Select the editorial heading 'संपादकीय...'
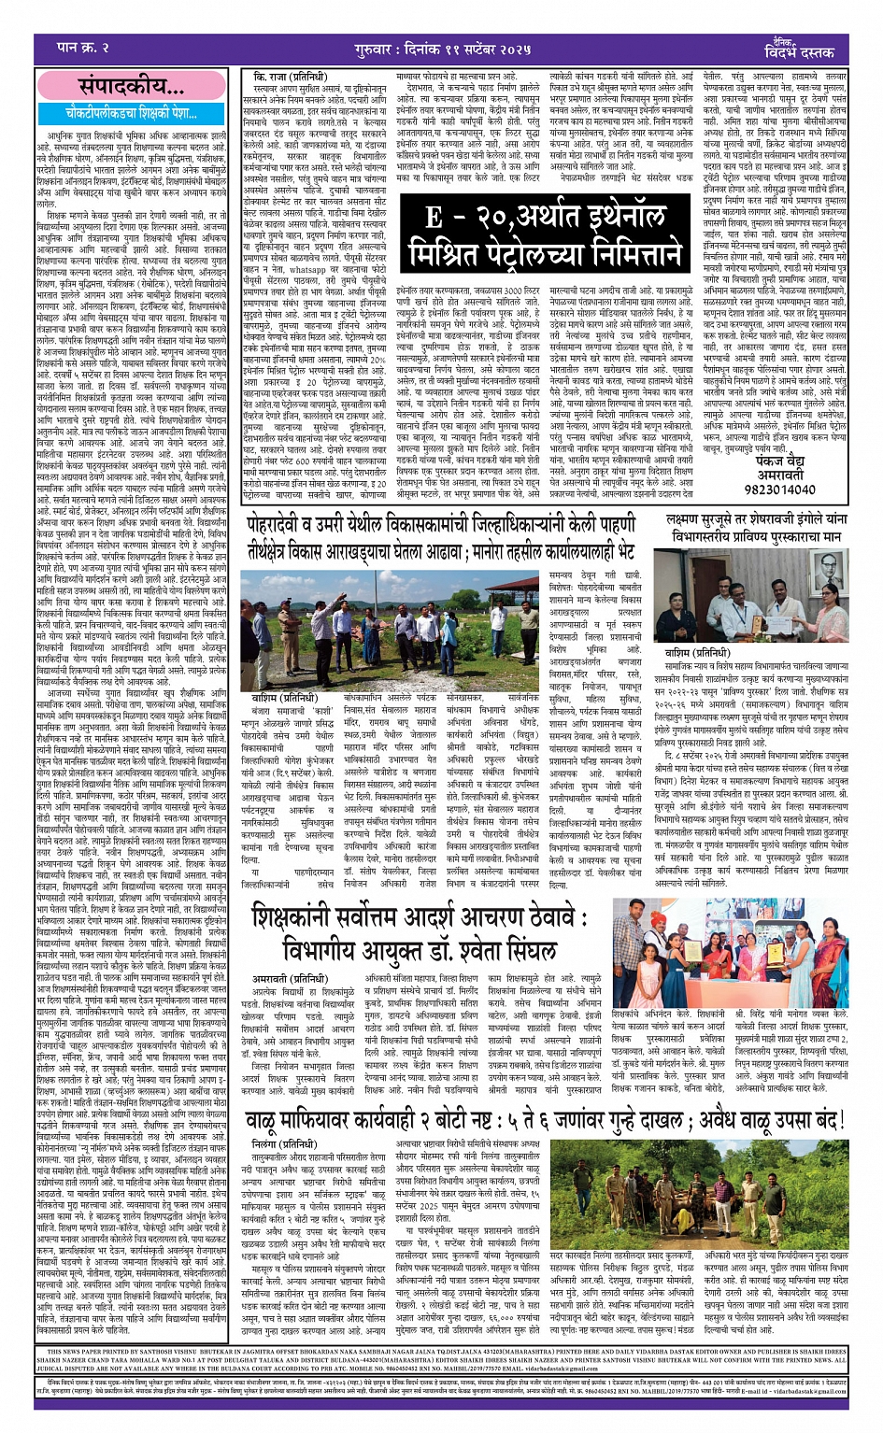click(x=130, y=87)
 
